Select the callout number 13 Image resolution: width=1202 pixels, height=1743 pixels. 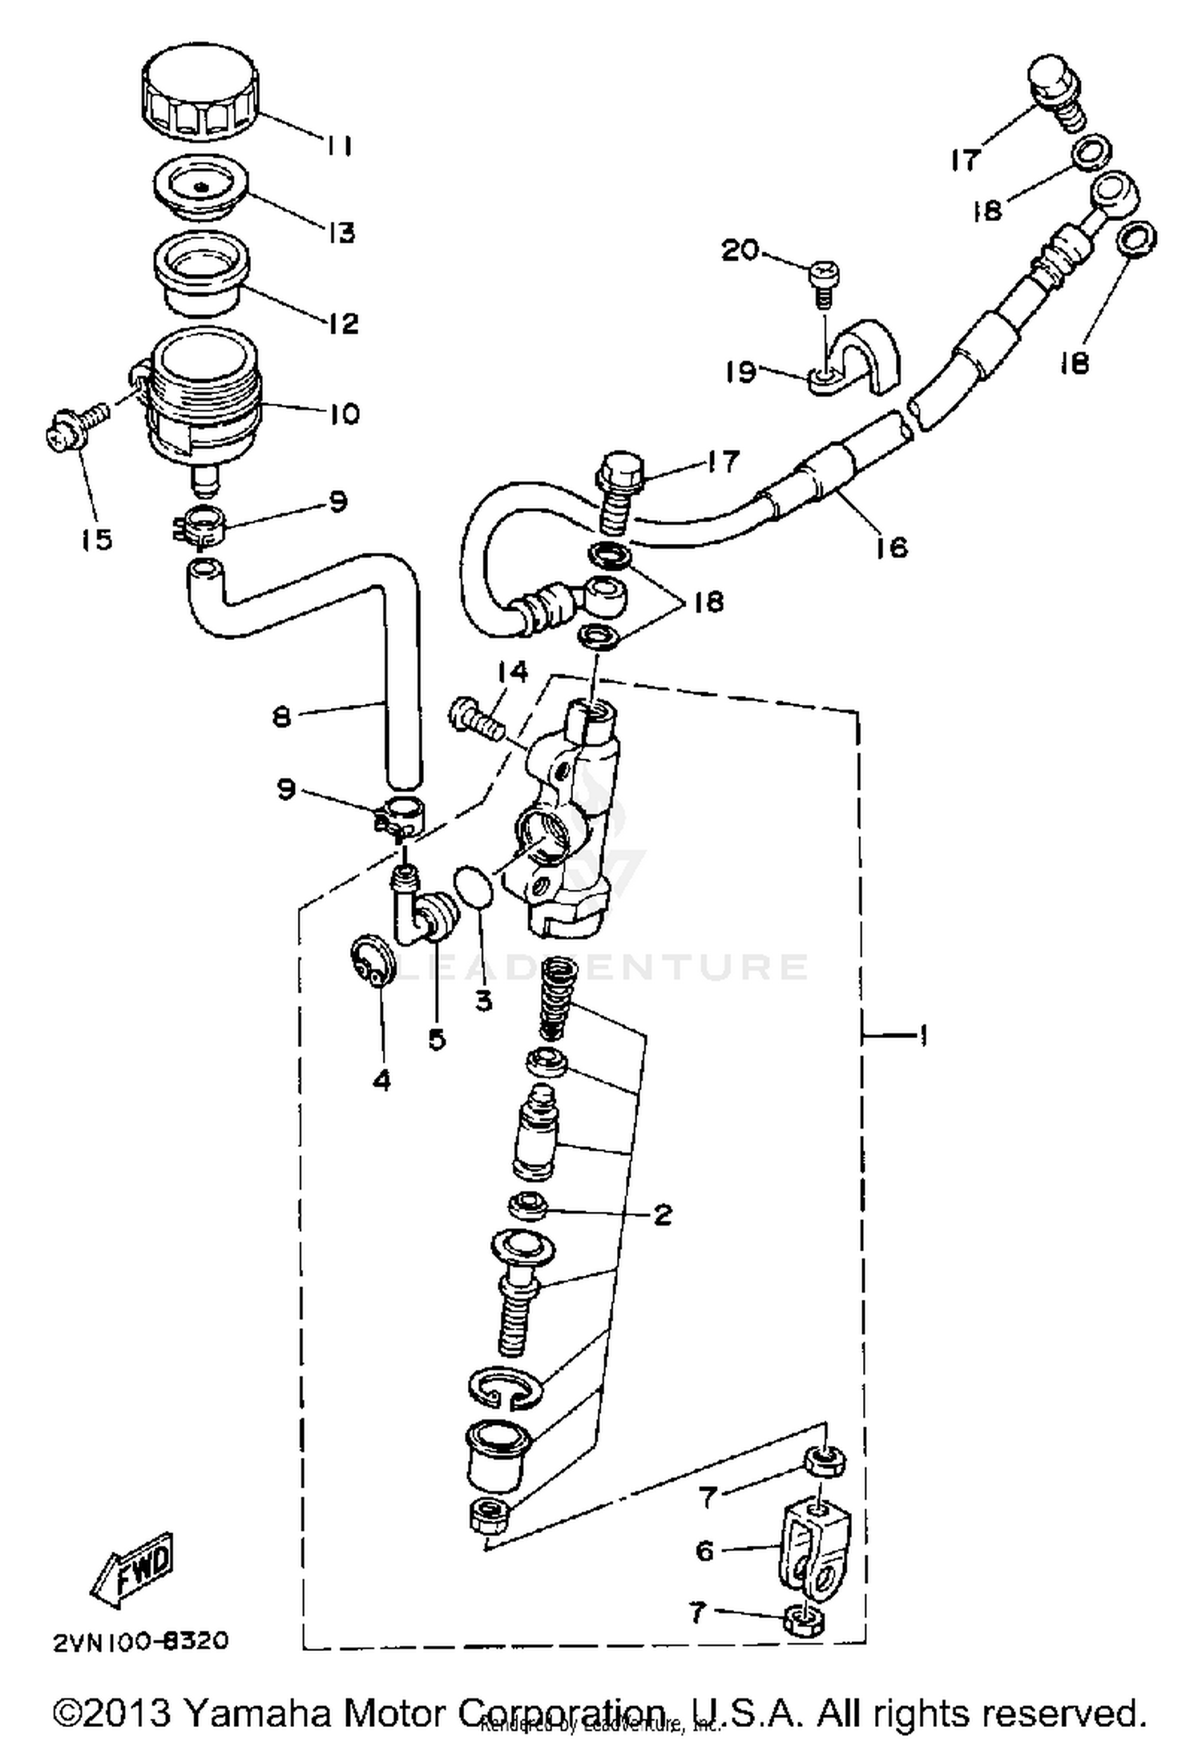pyautogui.click(x=341, y=233)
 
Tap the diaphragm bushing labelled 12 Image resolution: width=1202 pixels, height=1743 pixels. pyautogui.click(x=200, y=276)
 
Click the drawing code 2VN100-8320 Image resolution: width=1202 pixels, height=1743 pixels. pyautogui.click(x=141, y=1641)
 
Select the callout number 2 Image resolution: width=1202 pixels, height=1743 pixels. pyautogui.click(x=662, y=1214)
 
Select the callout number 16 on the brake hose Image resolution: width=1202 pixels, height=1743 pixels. pyautogui.click(x=891, y=546)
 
